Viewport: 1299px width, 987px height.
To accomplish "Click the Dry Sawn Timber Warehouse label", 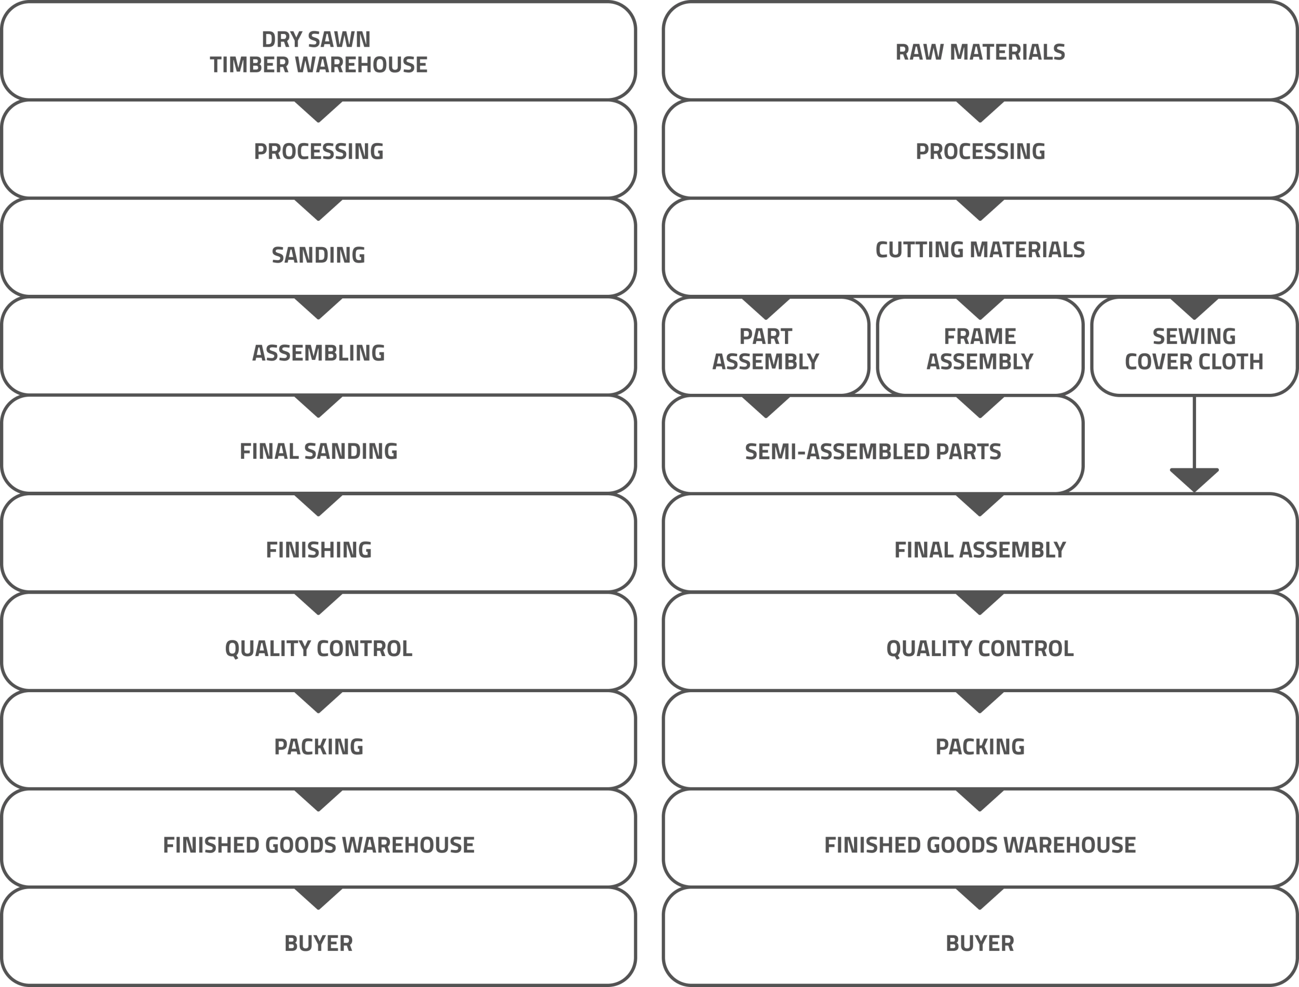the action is (319, 52).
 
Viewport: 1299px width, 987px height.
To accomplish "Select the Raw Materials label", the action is (980, 52).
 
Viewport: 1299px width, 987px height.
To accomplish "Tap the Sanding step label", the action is (319, 255).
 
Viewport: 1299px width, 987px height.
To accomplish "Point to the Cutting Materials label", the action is (980, 250).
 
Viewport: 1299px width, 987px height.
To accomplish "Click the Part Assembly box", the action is (766, 346).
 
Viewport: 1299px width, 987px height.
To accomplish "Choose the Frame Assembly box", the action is (980, 346).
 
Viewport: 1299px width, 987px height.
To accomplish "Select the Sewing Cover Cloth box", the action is (1194, 346).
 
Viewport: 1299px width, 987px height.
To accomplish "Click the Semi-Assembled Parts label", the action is (873, 452).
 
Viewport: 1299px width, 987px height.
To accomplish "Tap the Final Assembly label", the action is (980, 550).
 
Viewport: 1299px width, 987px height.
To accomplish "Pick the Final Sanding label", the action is (319, 451).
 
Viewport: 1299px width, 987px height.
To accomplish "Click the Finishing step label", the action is (319, 550).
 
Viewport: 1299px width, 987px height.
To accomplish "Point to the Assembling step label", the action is (319, 353).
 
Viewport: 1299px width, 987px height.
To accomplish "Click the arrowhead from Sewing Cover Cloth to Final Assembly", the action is (1194, 480).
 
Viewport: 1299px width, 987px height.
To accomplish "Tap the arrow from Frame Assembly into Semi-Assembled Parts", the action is (980, 406).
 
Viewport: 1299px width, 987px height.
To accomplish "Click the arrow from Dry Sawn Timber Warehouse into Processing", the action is (319, 111).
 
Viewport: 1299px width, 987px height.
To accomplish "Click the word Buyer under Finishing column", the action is (319, 943).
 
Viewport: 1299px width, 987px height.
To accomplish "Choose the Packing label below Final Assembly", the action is (980, 746).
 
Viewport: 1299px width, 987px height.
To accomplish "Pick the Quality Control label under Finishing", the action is (319, 649).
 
